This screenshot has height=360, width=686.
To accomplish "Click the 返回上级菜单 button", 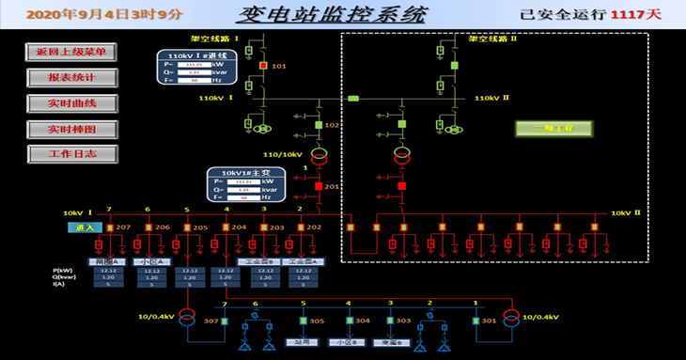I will pyautogui.click(x=71, y=52).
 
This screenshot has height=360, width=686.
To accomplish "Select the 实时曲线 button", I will pyautogui.click(x=71, y=102).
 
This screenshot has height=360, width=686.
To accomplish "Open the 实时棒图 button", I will pyautogui.click(x=71, y=128).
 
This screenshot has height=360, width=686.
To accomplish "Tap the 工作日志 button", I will pyautogui.click(x=71, y=153).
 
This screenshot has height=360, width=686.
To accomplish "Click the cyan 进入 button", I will pyautogui.click(x=83, y=227).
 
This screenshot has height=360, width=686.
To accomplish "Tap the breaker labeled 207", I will pyautogui.click(x=109, y=227).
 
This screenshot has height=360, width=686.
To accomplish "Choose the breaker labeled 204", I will pyautogui.click(x=226, y=227).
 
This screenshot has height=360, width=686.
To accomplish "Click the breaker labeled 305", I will pyautogui.click(x=304, y=321).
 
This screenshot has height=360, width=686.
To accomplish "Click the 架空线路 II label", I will pyautogui.click(x=493, y=39).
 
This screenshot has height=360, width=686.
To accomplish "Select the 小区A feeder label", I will pyautogui.click(x=149, y=261).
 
